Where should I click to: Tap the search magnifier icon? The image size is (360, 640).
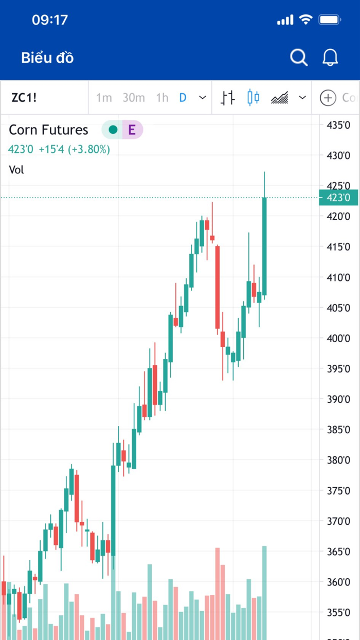tap(298, 57)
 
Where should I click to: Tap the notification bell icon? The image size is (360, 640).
tap(330, 57)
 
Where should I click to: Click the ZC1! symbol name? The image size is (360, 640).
tap(24, 97)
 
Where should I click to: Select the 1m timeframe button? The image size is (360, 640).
tap(104, 97)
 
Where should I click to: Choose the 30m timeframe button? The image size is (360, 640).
tap(134, 97)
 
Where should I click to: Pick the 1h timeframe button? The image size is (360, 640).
tap(162, 97)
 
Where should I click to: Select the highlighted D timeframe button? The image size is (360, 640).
tap(183, 97)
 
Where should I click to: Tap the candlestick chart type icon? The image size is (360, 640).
tap(253, 97)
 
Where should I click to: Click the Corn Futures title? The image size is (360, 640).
tap(49, 130)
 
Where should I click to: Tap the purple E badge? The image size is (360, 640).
tap(132, 130)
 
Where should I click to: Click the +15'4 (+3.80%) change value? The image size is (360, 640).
tap(75, 150)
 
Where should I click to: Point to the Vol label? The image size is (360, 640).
tap(16, 169)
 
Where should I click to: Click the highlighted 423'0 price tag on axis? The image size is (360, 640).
tap(338, 198)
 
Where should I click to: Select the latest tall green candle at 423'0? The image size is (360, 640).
tap(264, 246)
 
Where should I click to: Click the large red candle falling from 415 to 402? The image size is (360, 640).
tap(218, 287)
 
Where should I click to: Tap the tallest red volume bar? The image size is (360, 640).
tap(218, 592)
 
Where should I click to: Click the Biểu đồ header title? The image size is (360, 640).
tap(47, 58)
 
